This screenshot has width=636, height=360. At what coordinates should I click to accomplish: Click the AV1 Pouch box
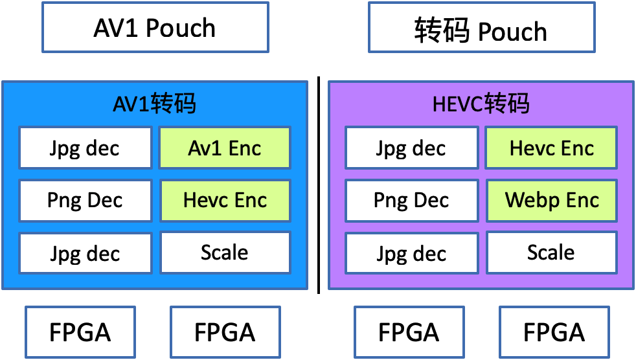pos(155,27)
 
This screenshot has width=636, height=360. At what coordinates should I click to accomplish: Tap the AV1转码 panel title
pos(155,104)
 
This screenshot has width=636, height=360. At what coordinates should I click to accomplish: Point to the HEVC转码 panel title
pos(481,104)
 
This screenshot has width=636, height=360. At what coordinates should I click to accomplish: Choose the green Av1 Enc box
pos(225,148)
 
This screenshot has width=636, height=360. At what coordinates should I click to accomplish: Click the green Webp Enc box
pos(552,200)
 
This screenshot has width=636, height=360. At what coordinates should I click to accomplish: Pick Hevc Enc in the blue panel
pos(225,200)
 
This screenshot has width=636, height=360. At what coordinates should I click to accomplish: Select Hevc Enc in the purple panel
pos(552,148)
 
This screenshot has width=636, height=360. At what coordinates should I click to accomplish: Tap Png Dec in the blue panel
pos(85,200)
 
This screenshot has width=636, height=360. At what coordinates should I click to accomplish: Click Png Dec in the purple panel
pos(411,200)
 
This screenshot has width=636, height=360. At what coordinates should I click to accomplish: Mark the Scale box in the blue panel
pos(225,252)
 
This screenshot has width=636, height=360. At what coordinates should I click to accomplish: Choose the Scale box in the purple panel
pos(552,252)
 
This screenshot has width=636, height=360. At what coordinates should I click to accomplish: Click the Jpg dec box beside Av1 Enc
pos(85,148)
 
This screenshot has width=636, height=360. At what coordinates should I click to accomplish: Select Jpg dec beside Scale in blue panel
pos(85,253)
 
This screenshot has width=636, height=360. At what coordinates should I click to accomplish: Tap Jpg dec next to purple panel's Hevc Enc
pos(411,148)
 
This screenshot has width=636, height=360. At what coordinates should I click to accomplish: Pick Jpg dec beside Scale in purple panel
pos(411,253)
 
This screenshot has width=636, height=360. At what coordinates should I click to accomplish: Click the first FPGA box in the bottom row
pos(80,332)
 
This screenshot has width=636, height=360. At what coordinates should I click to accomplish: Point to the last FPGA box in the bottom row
pos(554,332)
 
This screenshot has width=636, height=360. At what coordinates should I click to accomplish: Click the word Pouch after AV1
pos(181,28)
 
